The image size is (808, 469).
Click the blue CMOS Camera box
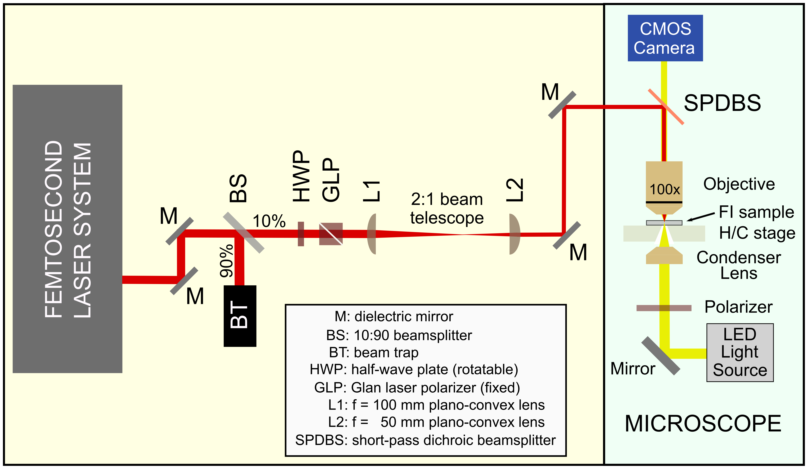pos(665,38)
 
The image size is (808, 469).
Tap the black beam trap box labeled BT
pos(240,316)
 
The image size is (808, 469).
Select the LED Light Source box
pos(740,353)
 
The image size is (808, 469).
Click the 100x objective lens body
pos(664,188)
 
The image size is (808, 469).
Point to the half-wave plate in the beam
pos(301,234)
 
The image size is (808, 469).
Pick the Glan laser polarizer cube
pos(331,234)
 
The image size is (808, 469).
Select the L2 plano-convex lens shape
pos(514,234)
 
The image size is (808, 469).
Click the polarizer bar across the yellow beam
pos(664,308)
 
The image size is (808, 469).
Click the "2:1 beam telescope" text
pos(447,209)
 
